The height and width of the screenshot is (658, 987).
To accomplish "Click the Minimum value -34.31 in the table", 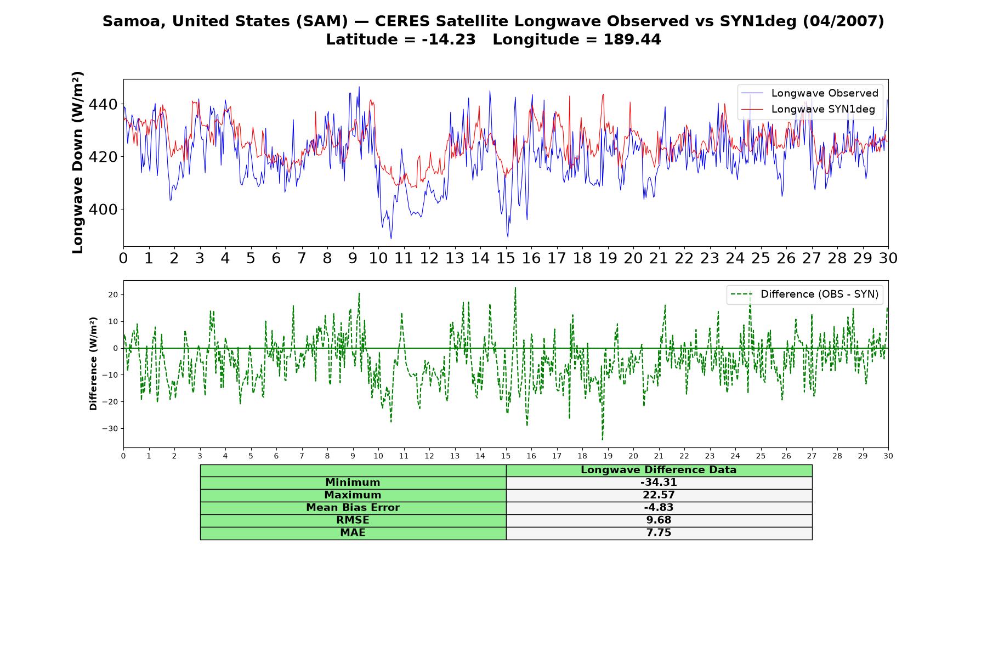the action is coord(659,483).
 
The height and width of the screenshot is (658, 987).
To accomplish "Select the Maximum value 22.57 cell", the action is coord(659,495).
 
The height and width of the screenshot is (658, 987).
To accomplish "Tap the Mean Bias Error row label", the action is coord(353,508).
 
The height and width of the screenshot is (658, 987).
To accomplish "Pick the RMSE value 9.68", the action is coord(659,520).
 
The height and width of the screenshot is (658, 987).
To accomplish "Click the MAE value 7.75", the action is coord(659,533).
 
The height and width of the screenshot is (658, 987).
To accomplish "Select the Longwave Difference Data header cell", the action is coord(659,470).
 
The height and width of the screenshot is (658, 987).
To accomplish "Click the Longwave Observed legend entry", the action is coord(809,93).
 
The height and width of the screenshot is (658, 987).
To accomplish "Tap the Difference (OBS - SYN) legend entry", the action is coord(804,294).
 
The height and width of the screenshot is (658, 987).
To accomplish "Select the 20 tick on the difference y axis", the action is coord(113,295).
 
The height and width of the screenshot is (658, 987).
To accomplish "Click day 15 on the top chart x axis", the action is coord(506,258).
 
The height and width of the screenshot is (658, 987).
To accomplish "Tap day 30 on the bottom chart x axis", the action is coord(888,456).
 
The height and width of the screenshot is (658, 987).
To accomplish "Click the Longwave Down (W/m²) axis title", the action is coord(78,162).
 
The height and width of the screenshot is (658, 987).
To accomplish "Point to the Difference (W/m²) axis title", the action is coord(93,364).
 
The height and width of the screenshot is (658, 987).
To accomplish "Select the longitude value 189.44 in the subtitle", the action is coord(632,40).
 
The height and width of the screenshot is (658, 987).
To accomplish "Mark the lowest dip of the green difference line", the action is coord(602,440).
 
